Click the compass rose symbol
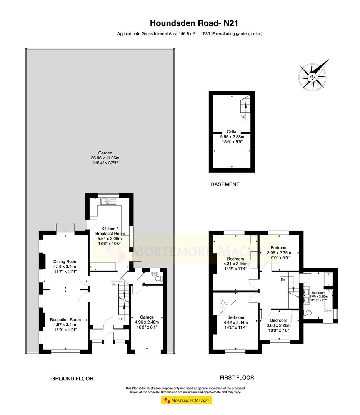pos(313,76)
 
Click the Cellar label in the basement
pos(232,131)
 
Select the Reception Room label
pos(65,320)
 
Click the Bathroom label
pos(318,293)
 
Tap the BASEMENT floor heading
pos(225,184)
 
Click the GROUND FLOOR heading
pos(72,379)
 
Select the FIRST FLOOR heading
pos(237,378)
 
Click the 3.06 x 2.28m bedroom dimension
pos(278,325)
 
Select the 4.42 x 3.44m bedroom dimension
pos(236,322)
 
